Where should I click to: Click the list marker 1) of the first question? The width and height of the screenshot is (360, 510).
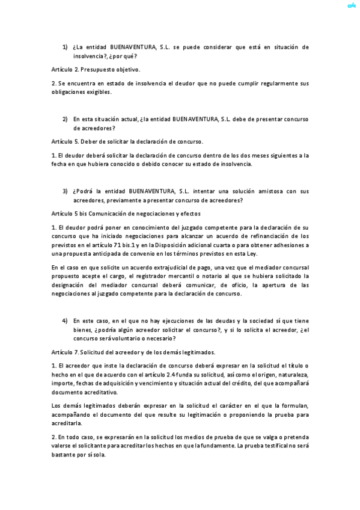click(x=65, y=46)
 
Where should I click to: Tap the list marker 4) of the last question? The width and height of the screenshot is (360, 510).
click(x=65, y=321)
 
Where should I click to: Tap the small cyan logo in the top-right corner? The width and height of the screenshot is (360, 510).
click(x=352, y=6)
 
